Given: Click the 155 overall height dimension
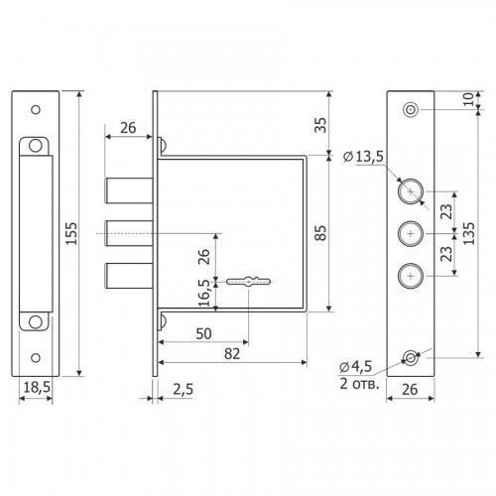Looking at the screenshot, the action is [71, 233].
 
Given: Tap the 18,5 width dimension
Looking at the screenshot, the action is [37, 387].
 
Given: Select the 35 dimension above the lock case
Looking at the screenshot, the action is [320, 125].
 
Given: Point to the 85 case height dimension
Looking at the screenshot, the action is [320, 232].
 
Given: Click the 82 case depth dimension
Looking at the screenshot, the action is [232, 354].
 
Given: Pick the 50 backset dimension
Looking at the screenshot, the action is [203, 333].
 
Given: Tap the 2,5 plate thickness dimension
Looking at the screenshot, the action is [183, 389].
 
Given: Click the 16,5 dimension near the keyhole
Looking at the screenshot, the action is [204, 293].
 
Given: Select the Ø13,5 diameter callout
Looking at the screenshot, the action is [363, 156].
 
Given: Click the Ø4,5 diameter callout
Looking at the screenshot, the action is [356, 366].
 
